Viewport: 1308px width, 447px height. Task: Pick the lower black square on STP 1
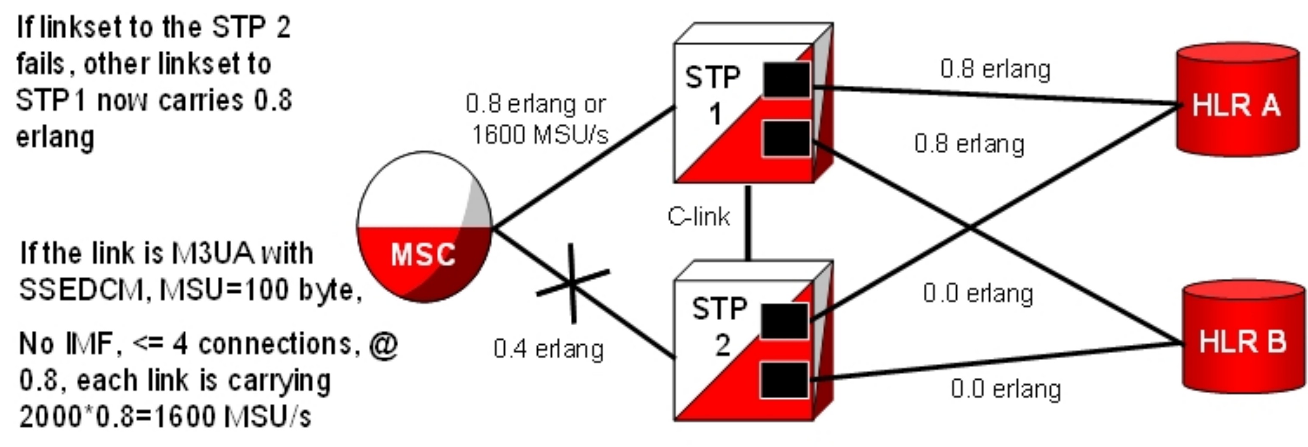pos(786,138)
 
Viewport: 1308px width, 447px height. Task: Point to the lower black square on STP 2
pos(783,380)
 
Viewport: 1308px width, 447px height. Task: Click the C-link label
pos(699,217)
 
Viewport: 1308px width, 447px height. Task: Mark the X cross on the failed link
pos(573,283)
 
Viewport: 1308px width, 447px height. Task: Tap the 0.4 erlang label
pos(548,349)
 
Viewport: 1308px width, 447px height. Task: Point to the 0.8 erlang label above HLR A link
pos(995,69)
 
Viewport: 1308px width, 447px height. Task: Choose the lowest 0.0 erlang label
pos(1006,389)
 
